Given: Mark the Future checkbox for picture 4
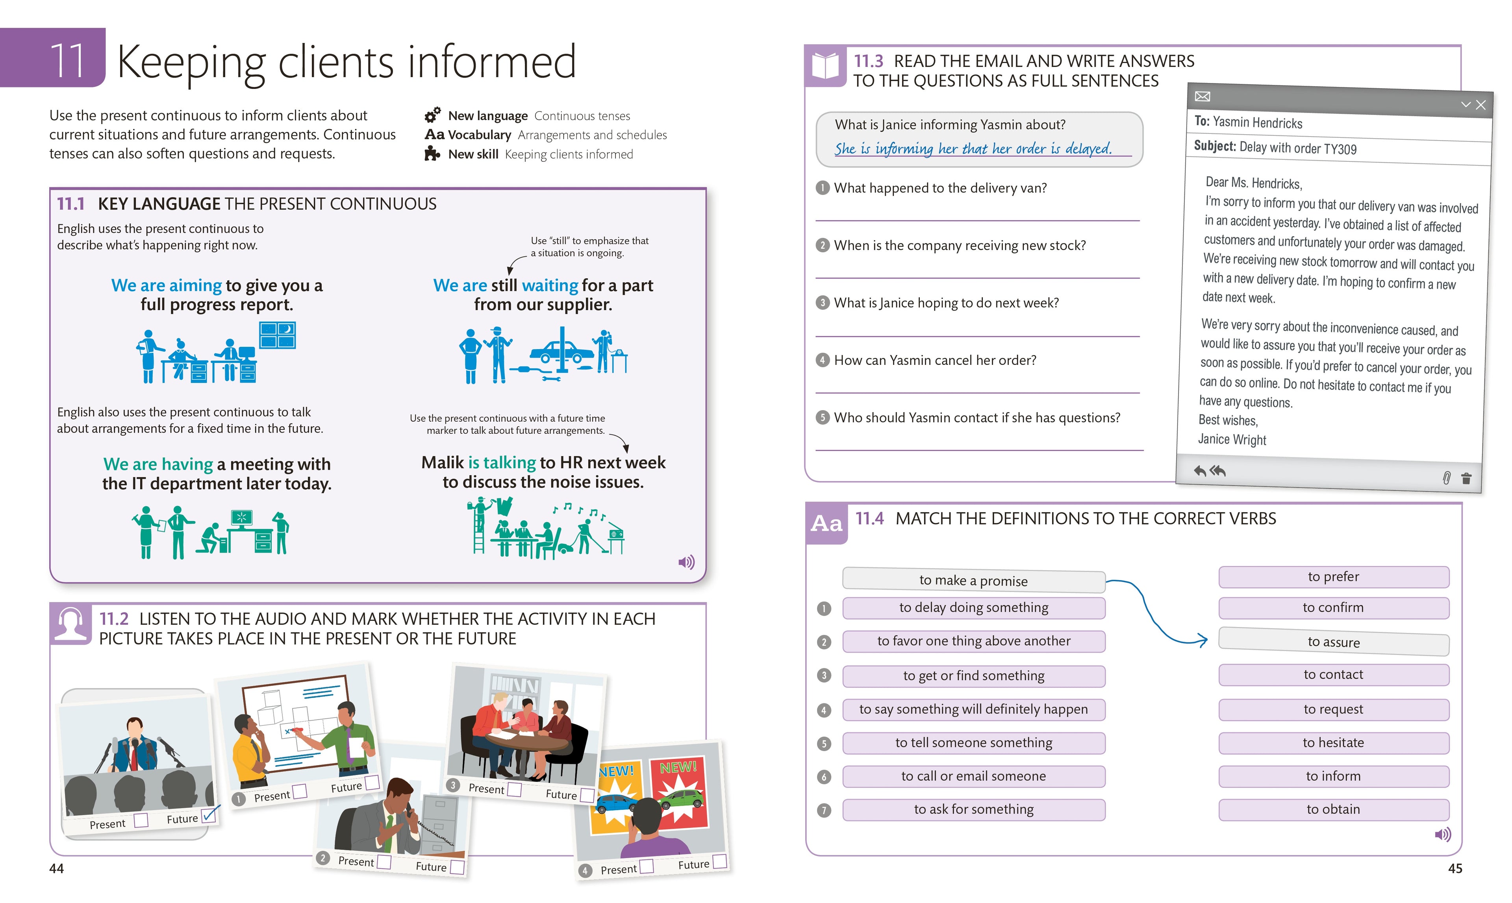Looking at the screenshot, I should click(719, 861).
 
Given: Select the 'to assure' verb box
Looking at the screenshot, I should click(1333, 642).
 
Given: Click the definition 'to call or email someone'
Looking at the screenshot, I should click(973, 776).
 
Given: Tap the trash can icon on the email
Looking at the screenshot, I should click(1466, 478).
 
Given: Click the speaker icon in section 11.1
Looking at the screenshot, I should click(686, 562).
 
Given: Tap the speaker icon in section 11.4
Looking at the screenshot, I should click(1443, 834).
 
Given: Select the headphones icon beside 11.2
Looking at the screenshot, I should click(70, 624).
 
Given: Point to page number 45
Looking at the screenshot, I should click(1455, 869).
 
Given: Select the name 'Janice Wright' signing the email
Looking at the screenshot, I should click(1232, 439).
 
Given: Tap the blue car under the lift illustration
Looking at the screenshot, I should click(561, 352).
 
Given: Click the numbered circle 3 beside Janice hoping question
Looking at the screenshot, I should click(823, 302).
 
